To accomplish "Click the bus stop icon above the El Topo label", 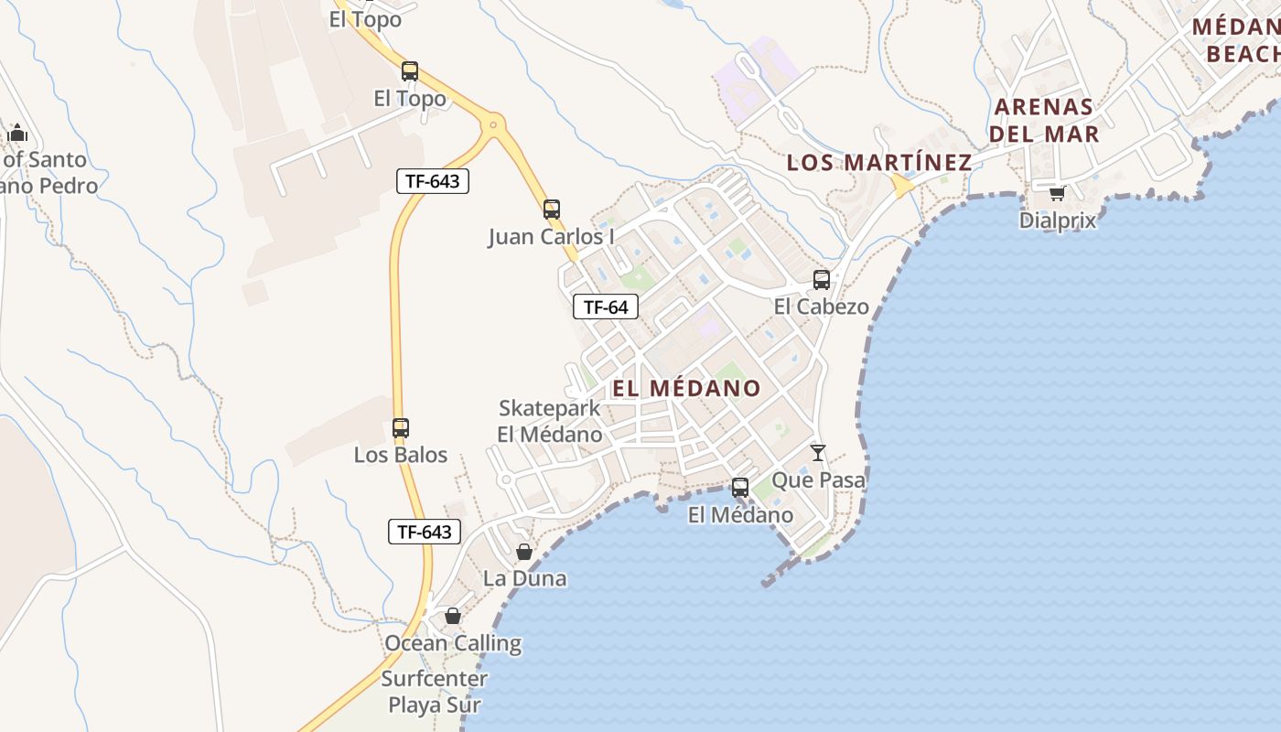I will (410, 71).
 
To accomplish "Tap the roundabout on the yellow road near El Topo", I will (494, 123).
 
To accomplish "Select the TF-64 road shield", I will (606, 307).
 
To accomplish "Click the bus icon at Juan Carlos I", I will (552, 210).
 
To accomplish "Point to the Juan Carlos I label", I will (551, 237).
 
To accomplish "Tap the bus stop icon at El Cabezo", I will (822, 280).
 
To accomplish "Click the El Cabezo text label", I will (821, 307).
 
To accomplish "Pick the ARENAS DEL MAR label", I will (1044, 120).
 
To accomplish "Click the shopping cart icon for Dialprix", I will (1057, 193).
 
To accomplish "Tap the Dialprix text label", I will (1057, 221).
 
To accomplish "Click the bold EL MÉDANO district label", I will (686, 388).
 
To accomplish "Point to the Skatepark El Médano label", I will (550, 421).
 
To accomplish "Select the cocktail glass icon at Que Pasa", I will (818, 453).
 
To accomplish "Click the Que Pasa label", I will (818, 479).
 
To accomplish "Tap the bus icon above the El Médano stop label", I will (740, 488).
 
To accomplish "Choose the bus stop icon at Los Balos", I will (401, 427).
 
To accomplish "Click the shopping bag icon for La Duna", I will (524, 552).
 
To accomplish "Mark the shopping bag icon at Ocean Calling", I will (453, 616).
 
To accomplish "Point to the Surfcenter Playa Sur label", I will (434, 692).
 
